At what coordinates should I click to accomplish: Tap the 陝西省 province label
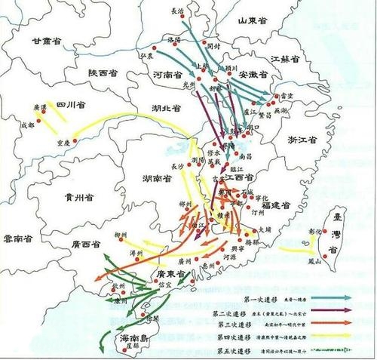pyautogui.click(x=105, y=73)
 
